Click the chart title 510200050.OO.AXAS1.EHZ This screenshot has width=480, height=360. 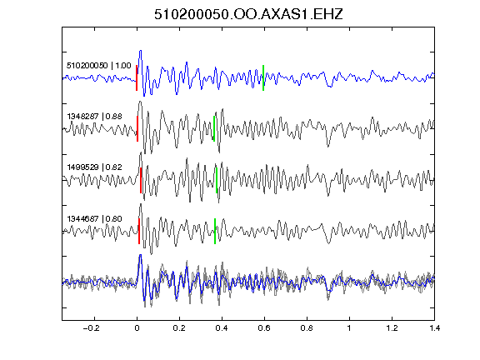(248, 14)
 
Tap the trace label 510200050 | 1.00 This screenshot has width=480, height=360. (99, 66)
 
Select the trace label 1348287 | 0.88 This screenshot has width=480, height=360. (95, 117)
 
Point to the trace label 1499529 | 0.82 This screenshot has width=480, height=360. (95, 167)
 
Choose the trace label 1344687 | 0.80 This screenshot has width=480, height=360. (95, 219)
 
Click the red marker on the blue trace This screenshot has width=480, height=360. (137, 77)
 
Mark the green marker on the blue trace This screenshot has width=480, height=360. (263, 77)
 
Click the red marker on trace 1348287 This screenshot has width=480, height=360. (137, 128)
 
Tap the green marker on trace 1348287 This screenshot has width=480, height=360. (214, 128)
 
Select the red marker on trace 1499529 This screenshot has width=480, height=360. (141, 180)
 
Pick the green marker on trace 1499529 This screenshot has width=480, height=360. (217, 180)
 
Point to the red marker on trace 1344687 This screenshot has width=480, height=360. (139, 231)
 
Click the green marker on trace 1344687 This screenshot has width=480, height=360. (215, 231)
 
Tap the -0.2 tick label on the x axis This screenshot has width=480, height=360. (91, 328)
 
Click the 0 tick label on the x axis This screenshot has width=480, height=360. (137, 328)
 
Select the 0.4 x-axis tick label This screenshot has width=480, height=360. (222, 328)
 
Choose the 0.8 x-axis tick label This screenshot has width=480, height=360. (307, 328)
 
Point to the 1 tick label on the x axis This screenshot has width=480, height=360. (349, 328)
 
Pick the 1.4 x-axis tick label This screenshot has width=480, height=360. (434, 328)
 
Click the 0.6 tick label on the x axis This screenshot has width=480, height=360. (264, 328)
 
